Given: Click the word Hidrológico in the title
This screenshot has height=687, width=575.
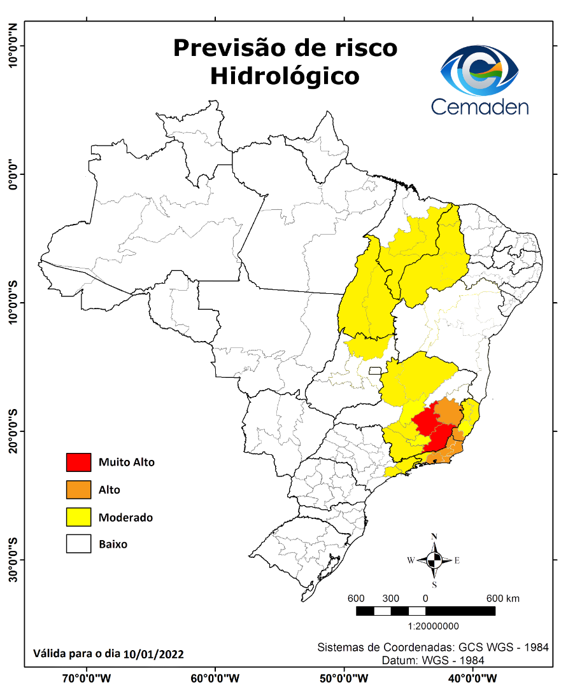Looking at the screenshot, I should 285,76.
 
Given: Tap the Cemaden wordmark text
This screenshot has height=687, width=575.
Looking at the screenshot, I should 480,106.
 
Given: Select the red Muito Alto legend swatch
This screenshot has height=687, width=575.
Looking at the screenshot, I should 78,462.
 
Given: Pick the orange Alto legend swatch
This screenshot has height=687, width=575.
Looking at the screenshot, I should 78,490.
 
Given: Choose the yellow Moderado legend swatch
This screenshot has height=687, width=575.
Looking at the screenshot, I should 78,517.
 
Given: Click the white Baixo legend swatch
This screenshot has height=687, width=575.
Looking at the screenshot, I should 78,545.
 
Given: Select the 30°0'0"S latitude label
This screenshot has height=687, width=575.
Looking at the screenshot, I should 13,560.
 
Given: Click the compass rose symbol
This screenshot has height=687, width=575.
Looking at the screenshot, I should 434,560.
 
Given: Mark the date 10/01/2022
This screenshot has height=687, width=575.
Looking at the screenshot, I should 155,653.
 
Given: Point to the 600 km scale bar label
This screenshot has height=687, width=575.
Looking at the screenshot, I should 503,599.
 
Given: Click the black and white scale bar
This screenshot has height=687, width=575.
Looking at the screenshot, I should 425,611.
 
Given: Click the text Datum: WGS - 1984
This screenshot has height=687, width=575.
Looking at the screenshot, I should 433,660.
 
